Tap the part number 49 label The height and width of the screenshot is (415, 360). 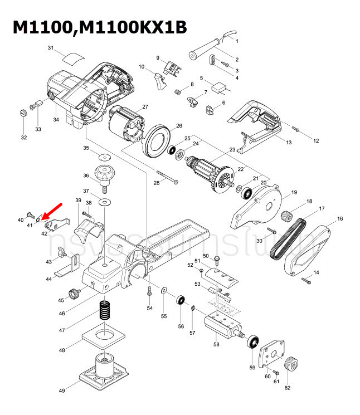(x=62, y=391)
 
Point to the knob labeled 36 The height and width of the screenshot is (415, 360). (x=104, y=173)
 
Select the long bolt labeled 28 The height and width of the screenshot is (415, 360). (x=168, y=178)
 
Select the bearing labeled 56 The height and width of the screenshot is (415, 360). (x=181, y=301)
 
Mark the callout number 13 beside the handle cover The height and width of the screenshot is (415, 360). (x=289, y=143)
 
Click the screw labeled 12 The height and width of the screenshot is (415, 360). (x=296, y=129)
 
